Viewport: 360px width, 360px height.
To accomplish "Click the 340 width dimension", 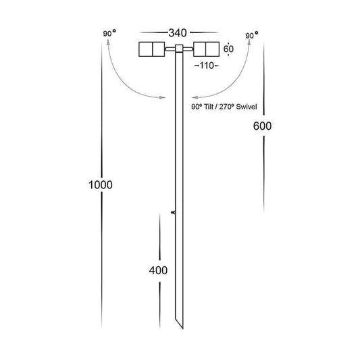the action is coord(178,33).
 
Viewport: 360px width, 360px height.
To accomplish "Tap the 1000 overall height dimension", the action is coord(101,185).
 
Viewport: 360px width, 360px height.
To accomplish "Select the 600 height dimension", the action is coord(262,126).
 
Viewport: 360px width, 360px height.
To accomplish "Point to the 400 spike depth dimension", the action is coord(158,270).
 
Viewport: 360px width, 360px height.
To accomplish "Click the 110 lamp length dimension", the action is coord(207,66).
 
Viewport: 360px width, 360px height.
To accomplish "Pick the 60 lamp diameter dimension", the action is coord(228,49).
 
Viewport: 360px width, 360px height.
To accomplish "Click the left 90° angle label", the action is coord(109,33).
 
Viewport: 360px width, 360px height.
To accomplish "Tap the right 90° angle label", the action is coord(252,35).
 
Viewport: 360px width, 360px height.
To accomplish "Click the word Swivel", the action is coord(247,107).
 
